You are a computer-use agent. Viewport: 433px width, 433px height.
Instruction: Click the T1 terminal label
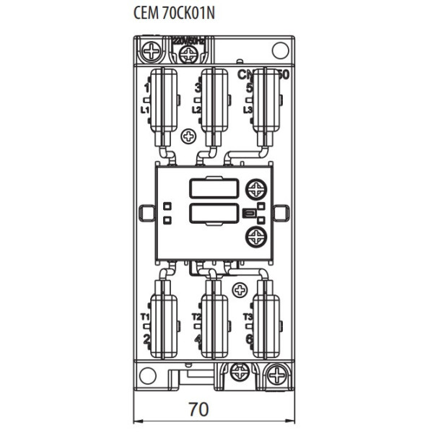144,317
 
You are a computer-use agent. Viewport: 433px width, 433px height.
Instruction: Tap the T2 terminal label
196,317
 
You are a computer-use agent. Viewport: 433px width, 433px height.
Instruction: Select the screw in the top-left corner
152,51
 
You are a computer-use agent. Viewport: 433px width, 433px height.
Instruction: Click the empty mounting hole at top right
278,51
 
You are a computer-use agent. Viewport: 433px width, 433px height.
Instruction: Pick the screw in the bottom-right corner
276,374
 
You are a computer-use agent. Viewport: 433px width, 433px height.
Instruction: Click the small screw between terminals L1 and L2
189,136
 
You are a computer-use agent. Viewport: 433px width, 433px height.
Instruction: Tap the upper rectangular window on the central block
214,188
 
